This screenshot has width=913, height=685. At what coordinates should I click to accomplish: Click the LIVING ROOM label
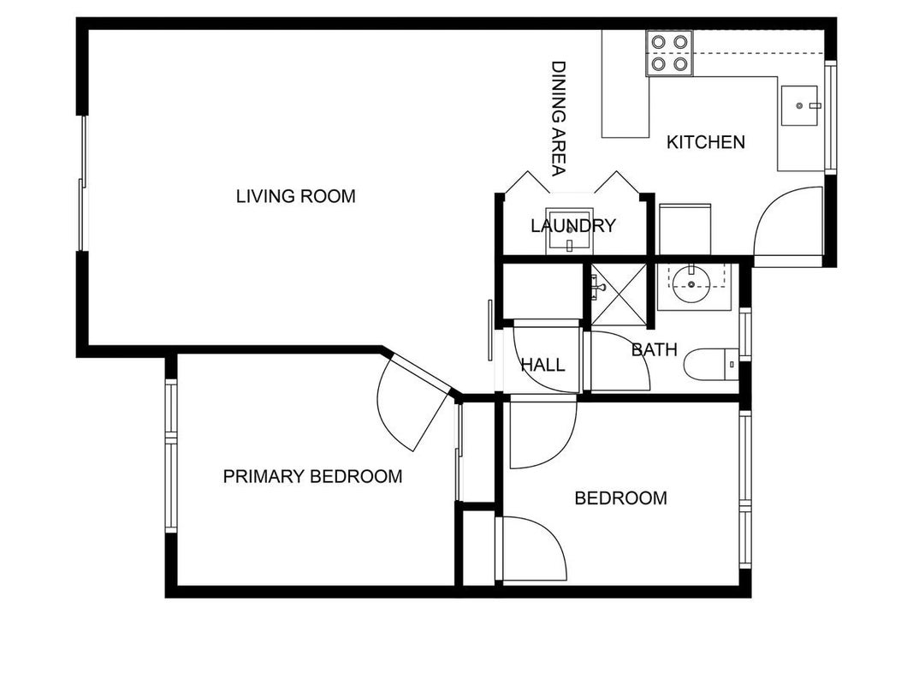point(296,196)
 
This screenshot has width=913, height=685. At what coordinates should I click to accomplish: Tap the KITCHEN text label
point(706,142)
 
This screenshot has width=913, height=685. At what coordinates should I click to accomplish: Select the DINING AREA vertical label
point(559,118)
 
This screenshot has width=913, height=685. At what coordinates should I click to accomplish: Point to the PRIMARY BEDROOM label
point(312,476)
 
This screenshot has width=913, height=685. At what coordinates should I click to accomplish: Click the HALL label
point(542,366)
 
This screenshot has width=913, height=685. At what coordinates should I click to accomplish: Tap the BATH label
point(655,349)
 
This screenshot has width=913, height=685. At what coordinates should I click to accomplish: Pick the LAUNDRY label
point(573,225)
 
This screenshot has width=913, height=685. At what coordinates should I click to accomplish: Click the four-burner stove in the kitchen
point(669,53)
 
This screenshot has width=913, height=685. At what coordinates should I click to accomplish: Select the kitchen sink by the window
point(801,105)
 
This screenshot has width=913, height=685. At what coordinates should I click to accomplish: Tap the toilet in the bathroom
point(711,364)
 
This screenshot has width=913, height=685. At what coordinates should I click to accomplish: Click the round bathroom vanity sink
point(691,283)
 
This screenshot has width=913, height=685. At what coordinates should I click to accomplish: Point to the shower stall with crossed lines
point(619,295)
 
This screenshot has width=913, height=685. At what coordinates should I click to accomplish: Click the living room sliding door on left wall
point(83,183)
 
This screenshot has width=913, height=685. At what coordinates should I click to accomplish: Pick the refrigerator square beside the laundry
point(685,229)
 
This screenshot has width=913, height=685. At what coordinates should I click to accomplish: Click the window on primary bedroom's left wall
point(170,456)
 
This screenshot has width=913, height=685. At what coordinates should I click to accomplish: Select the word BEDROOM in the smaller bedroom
point(620,498)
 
